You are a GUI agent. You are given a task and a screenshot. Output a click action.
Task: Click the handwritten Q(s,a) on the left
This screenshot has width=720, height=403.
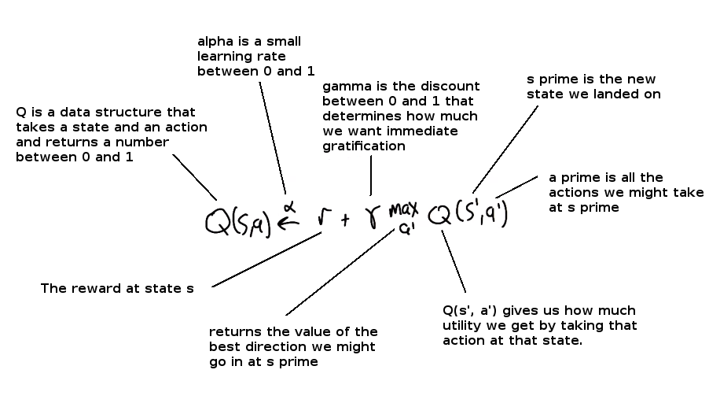(238, 223)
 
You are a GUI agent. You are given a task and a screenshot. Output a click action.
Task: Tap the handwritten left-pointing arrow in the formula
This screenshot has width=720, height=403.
(288, 223)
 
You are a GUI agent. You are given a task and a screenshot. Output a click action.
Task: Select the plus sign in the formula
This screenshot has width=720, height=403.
(345, 220)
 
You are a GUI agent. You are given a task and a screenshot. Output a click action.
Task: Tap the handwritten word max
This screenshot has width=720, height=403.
(403, 210)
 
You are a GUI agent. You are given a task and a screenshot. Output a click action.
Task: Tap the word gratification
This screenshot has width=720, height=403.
(364, 146)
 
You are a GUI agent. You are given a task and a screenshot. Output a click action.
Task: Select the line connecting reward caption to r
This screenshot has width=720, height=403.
(266, 260)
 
